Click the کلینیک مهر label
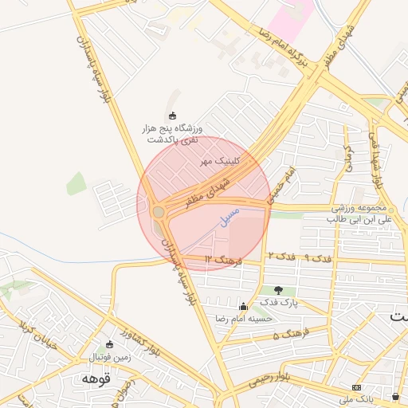[221, 161]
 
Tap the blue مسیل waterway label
[229, 215]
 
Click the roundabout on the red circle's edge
[159, 212]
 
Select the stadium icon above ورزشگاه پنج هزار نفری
[174, 116]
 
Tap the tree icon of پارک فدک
[278, 290]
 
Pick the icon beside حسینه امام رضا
[243, 307]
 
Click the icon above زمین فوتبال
[109, 344]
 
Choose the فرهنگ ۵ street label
[288, 336]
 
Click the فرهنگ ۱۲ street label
[223, 260]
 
